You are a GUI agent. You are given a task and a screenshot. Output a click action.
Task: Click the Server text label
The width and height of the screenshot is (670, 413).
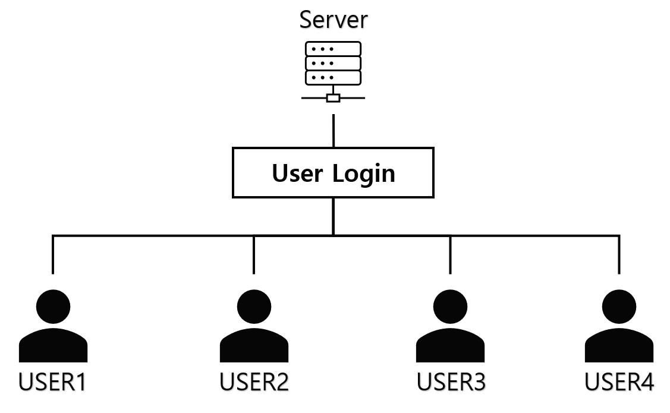coord(333,19)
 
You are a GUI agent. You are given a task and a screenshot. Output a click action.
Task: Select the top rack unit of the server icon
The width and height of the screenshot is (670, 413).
coord(333,49)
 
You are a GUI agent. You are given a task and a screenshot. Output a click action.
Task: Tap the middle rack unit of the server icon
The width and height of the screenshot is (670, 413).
coord(333,63)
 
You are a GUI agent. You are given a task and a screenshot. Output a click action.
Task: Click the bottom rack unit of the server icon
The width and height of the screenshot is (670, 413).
coord(333,77)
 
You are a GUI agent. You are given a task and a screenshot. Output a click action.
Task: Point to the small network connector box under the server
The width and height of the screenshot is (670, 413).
coord(333,98)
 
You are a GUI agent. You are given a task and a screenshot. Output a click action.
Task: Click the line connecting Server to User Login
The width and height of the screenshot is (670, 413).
coord(333,131)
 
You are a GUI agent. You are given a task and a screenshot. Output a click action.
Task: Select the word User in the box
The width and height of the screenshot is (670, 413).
coord(298,173)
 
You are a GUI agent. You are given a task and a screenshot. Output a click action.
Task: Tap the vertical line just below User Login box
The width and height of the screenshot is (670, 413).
coord(333,216)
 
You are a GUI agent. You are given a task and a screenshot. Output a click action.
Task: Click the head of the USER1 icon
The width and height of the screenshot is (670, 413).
coord(53,307)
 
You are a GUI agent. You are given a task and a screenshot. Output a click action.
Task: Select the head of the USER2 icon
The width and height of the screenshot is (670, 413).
coord(254,307)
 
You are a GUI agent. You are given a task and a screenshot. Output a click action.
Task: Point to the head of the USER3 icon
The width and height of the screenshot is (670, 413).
coord(450,307)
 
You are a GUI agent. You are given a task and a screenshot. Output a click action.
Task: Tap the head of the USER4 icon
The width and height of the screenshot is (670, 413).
coord(619,307)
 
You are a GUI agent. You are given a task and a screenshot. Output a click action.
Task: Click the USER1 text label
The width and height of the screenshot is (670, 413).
coord(53,382)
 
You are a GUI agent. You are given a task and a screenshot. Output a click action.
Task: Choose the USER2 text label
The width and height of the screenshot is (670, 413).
coord(254,382)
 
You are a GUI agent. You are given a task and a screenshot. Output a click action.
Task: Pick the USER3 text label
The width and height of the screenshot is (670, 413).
coord(451,382)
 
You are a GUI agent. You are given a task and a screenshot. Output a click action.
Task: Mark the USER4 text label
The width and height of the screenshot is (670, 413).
coord(619,382)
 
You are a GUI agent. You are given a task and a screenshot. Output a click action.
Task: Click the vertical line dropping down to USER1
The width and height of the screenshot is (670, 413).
coord(53,256)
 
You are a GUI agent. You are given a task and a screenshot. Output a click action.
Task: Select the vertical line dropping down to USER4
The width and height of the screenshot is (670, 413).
coord(619,256)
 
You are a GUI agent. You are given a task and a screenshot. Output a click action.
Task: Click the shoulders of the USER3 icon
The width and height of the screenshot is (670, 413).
coord(450,348)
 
